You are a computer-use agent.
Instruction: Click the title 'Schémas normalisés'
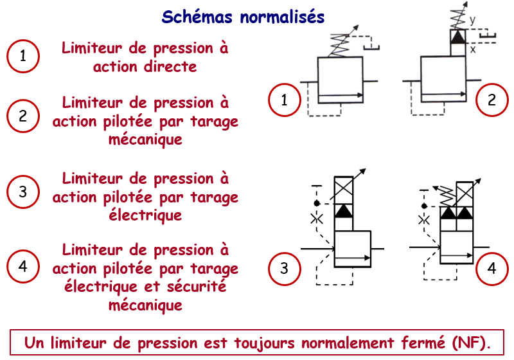tap(243, 16)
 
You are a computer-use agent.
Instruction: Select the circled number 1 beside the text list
tap(23, 57)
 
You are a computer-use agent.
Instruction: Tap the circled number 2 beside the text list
tap(23, 116)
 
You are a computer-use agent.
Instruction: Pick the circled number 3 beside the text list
tap(23, 192)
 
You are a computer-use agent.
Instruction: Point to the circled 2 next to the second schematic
tap(492, 100)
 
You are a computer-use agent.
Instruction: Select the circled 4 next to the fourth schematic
tap(492, 269)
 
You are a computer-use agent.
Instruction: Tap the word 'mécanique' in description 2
tap(145, 139)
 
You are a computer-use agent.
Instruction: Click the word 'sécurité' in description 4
tap(199, 287)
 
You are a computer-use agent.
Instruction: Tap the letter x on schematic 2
tap(472, 48)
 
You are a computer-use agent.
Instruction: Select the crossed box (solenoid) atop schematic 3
tap(344, 189)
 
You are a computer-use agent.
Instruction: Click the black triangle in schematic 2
tap(457, 37)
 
